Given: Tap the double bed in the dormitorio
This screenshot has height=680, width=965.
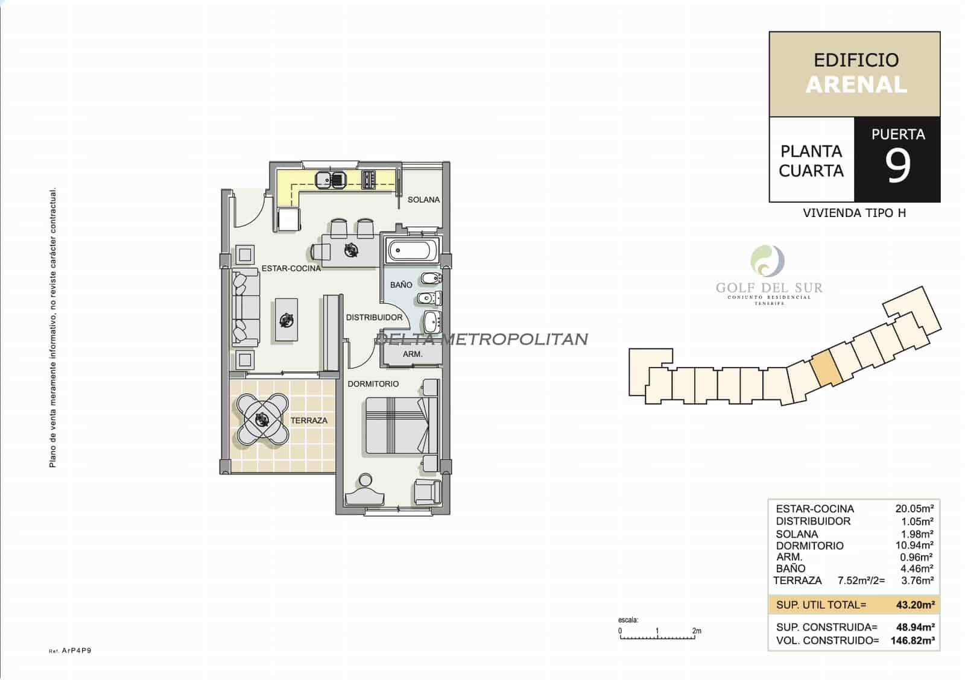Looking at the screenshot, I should point(398,426).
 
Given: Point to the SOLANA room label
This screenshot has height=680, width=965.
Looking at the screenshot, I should point(423,200).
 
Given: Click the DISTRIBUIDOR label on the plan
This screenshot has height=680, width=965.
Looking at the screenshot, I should point(374,317).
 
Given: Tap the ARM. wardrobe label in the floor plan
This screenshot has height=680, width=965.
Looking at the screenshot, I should point(413,354).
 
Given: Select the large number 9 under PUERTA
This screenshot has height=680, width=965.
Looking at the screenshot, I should point(897,166).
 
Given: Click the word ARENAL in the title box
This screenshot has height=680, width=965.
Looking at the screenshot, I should point(856,85).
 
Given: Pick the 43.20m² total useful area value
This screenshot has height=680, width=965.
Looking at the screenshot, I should point(915,605).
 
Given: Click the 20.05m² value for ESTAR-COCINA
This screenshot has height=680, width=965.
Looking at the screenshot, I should point(914,509).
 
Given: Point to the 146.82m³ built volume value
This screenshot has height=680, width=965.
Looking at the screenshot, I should point(913,641).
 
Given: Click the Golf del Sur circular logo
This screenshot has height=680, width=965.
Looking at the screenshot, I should point(767,261).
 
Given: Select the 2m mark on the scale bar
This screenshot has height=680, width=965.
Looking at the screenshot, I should point(696,631).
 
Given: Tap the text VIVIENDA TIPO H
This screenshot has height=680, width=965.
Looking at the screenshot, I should point(854,213).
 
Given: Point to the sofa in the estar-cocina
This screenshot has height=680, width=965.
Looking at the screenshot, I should point(245,308).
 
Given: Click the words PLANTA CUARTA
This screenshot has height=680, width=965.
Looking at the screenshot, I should point(811,161).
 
